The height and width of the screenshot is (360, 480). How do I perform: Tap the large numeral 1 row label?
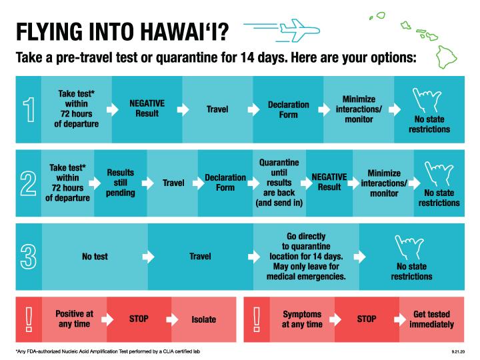pyautogui.click(x=27, y=109)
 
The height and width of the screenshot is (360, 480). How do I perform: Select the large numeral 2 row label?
pyautogui.click(x=27, y=183)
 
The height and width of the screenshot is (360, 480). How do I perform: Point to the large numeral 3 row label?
pyautogui.click(x=27, y=255)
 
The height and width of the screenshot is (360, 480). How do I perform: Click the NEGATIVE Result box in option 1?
pyautogui.click(x=147, y=109)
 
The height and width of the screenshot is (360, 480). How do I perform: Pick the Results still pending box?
pyautogui.click(x=121, y=183)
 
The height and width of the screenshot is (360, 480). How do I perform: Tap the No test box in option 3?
pyautogui.click(x=95, y=256)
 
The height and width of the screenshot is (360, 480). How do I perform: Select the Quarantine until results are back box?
pyautogui.click(x=279, y=183)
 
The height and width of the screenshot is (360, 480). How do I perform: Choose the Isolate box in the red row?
pyautogui.click(x=203, y=319)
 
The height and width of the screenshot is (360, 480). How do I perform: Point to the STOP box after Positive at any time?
pyautogui.click(x=139, y=319)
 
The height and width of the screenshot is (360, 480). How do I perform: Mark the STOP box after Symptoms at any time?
pyautogui.click(x=367, y=319)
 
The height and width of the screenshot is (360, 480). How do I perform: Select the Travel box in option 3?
pyautogui.click(x=200, y=256)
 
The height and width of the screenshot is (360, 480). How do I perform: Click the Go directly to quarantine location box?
pyautogui.click(x=307, y=256)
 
